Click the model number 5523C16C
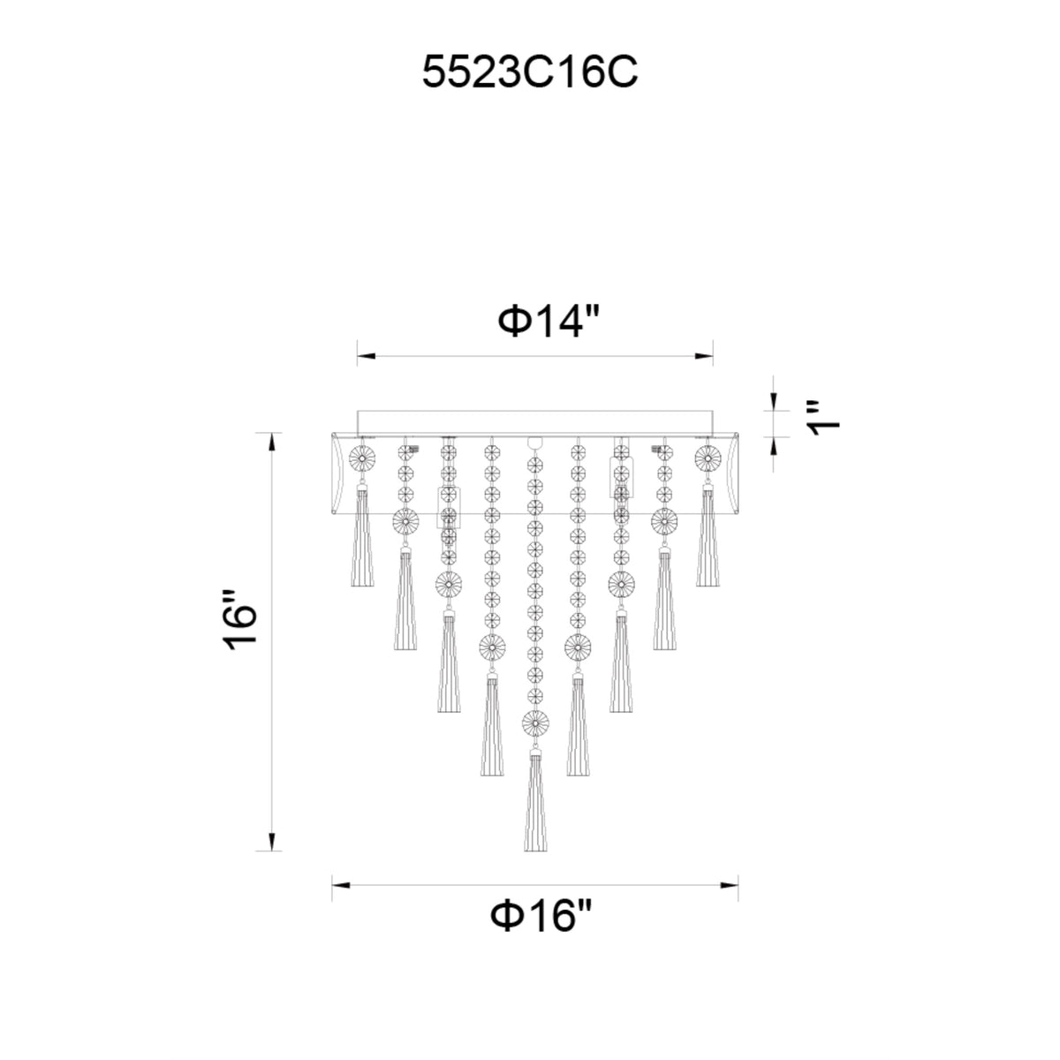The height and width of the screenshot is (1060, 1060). pyautogui.click(x=529, y=72)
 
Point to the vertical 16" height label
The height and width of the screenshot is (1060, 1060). pyautogui.click(x=240, y=620)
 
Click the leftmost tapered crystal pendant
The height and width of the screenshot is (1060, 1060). pyautogui.click(x=362, y=534)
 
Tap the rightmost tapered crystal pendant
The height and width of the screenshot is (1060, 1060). pyautogui.click(x=708, y=534)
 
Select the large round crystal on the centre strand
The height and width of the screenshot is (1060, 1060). pyautogui.click(x=535, y=724)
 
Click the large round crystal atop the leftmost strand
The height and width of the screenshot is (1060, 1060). pyautogui.click(x=362, y=458)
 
